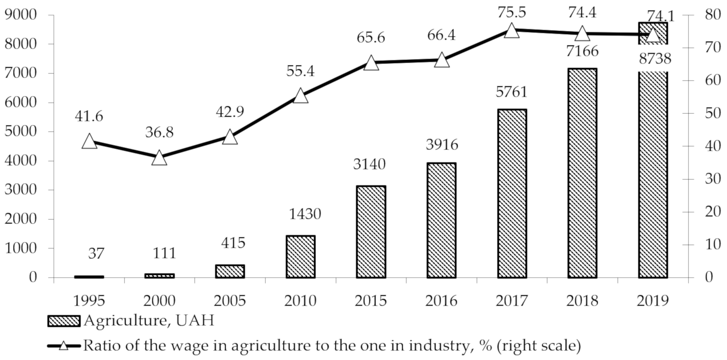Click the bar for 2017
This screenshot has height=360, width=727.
[x=512, y=194]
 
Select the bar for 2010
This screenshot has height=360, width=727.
[x=300, y=257]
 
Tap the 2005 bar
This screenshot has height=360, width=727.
[x=230, y=271]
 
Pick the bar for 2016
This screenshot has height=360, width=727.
[x=441, y=220]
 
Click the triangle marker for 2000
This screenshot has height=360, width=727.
[x=159, y=158]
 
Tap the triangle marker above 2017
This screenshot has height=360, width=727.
[x=512, y=30]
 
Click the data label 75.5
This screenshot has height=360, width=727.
[x=512, y=13]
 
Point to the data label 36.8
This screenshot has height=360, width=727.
[x=159, y=132]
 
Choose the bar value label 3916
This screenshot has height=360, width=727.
[x=442, y=145]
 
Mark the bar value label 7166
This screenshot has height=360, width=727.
[x=582, y=51]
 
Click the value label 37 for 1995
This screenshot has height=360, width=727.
[x=96, y=253]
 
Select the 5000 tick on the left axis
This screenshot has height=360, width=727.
[x=21, y=132]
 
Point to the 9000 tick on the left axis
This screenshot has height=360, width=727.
[x=21, y=15]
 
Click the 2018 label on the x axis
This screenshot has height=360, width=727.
[x=582, y=301]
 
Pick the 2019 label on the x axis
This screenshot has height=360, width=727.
[x=653, y=301]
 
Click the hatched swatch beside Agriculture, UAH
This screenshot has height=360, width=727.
[x=64, y=321]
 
